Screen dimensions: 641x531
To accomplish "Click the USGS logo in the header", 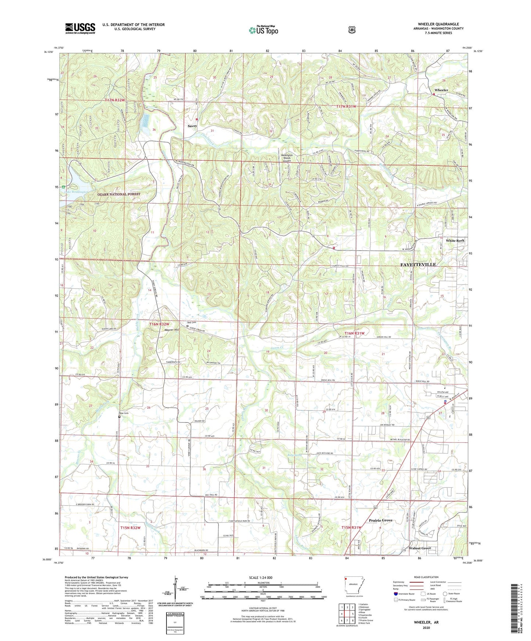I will point(80,28).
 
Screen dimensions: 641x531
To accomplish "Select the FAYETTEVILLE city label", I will point(418,264).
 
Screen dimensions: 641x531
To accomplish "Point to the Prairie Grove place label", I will point(380,520).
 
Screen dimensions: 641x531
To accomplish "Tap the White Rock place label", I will point(455,240).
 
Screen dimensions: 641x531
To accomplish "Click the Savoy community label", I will point(192,126).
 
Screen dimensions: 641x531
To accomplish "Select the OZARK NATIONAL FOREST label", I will point(119,194).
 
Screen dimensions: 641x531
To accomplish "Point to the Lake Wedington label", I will point(76,192).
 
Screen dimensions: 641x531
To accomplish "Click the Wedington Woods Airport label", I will point(286,158).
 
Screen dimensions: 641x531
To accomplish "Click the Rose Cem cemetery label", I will point(123,413).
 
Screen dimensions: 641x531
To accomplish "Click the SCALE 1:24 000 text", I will point(261,577).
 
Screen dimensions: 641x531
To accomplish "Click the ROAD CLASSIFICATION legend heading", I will point(426,577).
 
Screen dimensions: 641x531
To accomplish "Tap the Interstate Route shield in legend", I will point(395,594).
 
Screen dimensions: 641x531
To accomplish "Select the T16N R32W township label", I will point(159,324).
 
